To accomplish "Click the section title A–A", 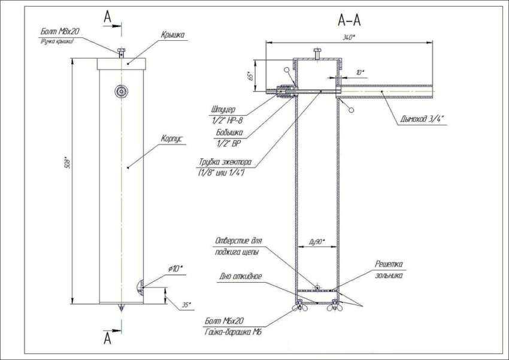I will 349,21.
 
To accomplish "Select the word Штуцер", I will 223,110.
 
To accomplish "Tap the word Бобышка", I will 229,132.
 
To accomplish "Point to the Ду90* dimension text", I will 316,241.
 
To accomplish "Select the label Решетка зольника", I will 389,268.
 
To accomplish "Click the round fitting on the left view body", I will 122,91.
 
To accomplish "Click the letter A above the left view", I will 108,17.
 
